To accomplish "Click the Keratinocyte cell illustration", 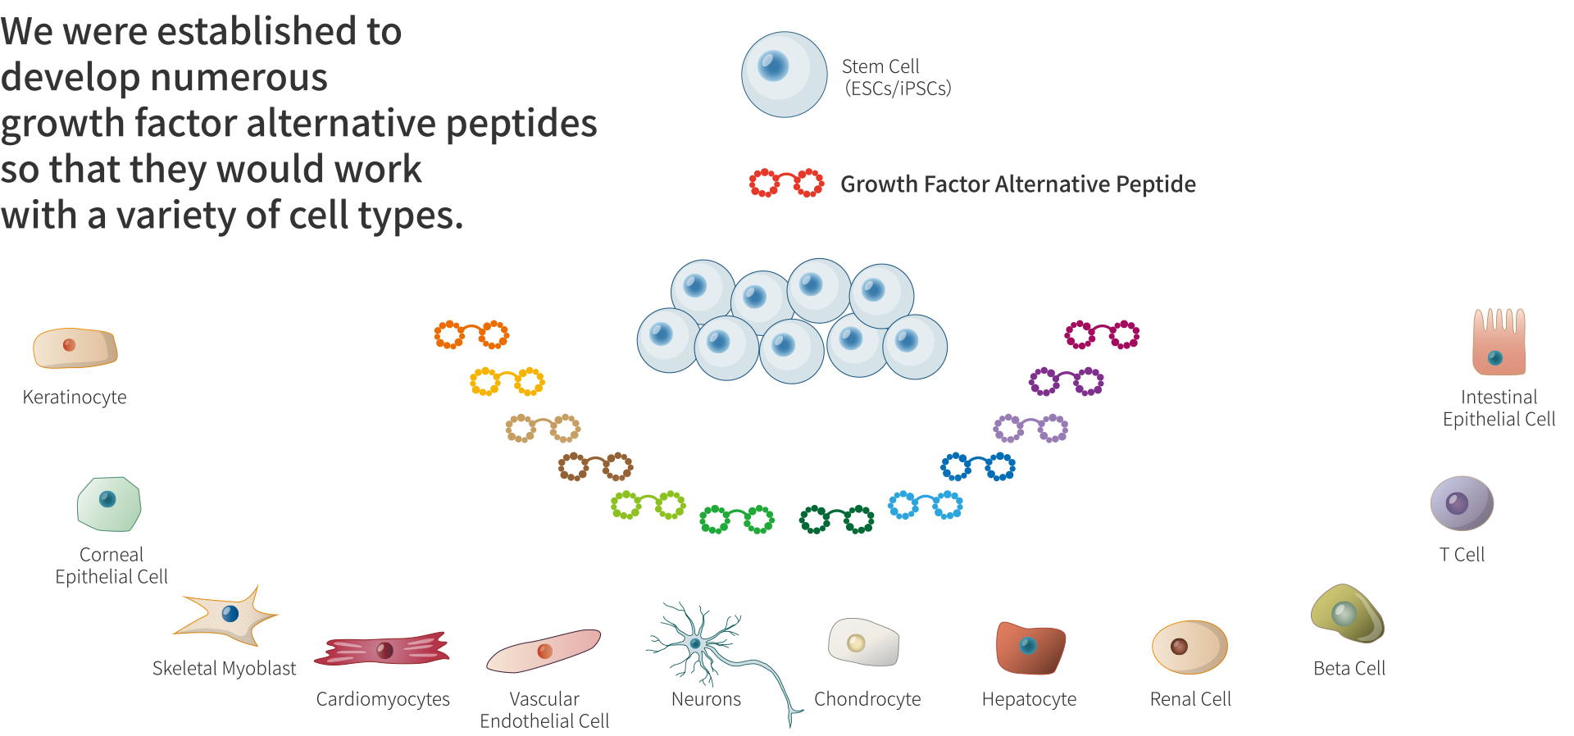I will pyautogui.click(x=75, y=348).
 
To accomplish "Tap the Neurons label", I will pyautogui.click(x=706, y=699).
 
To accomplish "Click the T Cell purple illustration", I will pyautogui.click(x=1462, y=503).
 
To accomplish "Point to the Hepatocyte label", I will pyautogui.click(x=1029, y=699).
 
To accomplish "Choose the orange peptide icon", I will pyautogui.click(x=471, y=334).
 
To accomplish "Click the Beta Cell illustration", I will pyautogui.click(x=1347, y=614).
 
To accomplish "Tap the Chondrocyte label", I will pyautogui.click(x=867, y=699).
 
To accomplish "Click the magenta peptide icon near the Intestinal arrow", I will pyautogui.click(x=1102, y=334).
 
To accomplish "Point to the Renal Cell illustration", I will pyautogui.click(x=1189, y=647).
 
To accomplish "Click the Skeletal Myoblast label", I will pyautogui.click(x=225, y=668).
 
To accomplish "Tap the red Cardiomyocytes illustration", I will pyautogui.click(x=383, y=650).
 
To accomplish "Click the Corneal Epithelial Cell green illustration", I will pyautogui.click(x=109, y=504).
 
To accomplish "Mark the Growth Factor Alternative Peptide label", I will pyautogui.click(x=1018, y=184).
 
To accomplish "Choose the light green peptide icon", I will pyautogui.click(x=648, y=505).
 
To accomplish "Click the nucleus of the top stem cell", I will pyautogui.click(x=773, y=65).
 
